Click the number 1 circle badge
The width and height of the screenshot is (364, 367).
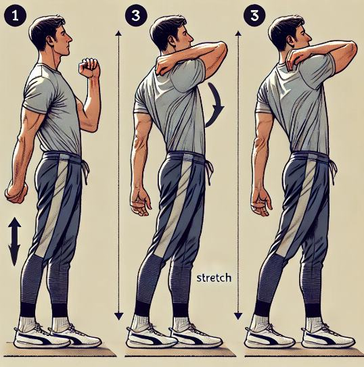[x=16, y=16]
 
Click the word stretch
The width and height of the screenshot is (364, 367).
[x=214, y=278]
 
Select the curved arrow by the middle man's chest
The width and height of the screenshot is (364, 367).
[x=214, y=105]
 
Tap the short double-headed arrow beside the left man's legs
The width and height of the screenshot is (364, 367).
[x=14, y=241]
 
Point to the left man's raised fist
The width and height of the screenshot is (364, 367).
[x=89, y=68]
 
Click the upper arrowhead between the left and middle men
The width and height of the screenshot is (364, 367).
[x=119, y=33]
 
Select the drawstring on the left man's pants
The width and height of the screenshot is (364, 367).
[x=85, y=171]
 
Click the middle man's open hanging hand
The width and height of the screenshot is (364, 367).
[x=141, y=202]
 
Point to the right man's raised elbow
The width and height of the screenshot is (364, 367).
[x=350, y=50]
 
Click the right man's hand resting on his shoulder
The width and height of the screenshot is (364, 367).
[x=293, y=60]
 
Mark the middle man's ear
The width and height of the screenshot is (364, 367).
[x=172, y=41]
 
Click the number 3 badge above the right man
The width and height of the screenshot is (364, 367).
[x=254, y=16]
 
